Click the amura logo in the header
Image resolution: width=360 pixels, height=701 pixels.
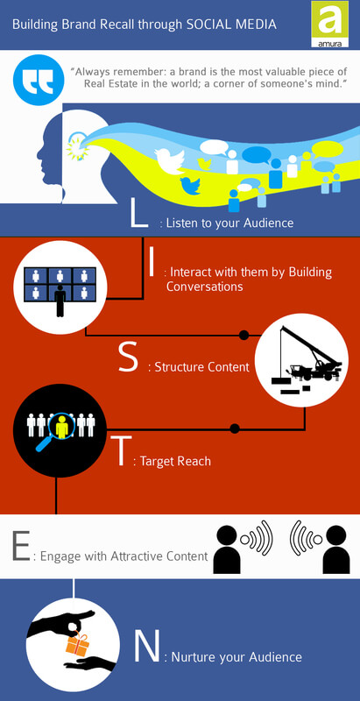pos(329,24)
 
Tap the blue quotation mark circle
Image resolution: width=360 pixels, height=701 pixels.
pos(39,80)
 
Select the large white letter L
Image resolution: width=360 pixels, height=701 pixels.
pos(138,213)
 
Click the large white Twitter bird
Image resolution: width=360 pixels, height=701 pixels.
pos(170,159)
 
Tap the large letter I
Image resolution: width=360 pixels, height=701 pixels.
pos(152,262)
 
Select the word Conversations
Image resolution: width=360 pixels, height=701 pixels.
pos(205,287)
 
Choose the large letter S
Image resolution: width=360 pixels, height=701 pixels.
pos(129,359)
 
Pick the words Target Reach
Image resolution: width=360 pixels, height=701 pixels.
pos(175,461)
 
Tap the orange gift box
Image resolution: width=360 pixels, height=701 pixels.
pos(77,644)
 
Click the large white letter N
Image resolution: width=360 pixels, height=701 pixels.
pos(146,648)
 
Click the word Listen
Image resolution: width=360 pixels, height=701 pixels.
pos(181,223)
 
